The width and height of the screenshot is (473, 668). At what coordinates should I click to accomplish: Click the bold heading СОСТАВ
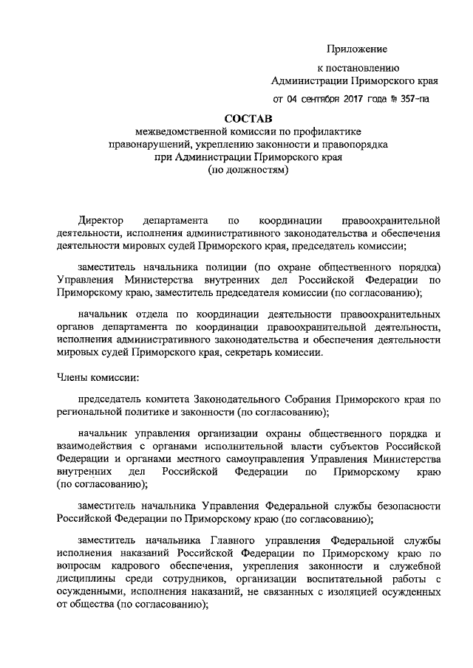click(x=248, y=117)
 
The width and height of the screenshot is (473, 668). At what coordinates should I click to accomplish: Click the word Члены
click(x=72, y=379)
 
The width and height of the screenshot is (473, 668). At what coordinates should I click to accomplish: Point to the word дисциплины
click(x=87, y=579)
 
